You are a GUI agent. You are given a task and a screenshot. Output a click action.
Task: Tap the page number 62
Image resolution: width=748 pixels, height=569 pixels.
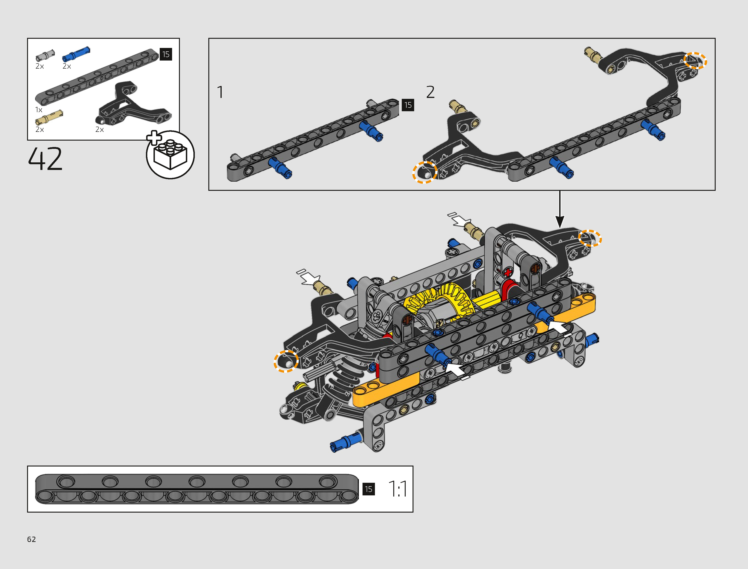pos(31,539)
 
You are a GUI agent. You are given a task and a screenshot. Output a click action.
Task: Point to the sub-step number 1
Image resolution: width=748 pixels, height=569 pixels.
pos(220,92)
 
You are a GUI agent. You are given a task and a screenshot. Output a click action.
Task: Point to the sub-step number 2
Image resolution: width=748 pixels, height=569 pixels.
pos(430,92)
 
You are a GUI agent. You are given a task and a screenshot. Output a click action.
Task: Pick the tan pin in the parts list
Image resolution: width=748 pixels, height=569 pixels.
pos(49,117)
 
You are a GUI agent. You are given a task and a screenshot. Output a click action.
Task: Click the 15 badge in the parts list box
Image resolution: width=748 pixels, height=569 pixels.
pos(166,54)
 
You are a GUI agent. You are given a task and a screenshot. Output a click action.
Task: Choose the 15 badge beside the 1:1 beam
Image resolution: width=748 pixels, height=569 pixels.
pos(368,489)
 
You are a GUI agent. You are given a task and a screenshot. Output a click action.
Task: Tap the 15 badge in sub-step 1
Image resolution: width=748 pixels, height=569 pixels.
pos(408,105)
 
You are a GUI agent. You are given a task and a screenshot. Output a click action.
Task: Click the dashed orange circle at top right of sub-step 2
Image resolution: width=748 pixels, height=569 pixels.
pos(695,61)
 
